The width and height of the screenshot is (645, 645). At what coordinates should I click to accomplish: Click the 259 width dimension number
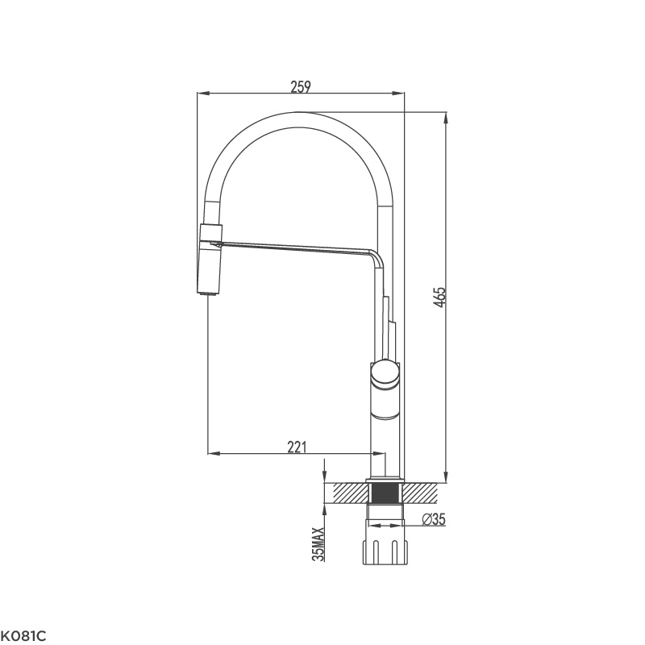(x=301, y=86)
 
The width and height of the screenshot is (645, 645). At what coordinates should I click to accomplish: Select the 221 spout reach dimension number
(x=298, y=446)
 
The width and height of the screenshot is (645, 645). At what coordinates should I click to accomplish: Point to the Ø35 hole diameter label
(x=433, y=520)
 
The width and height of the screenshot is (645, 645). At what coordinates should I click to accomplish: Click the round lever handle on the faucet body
(x=385, y=375)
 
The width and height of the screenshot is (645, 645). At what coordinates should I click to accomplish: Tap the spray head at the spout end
(x=208, y=258)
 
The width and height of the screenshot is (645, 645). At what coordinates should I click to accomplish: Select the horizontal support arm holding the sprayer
(x=290, y=245)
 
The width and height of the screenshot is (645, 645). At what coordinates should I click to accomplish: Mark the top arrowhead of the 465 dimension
(x=446, y=116)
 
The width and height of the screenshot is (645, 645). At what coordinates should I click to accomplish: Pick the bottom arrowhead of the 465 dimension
(x=446, y=477)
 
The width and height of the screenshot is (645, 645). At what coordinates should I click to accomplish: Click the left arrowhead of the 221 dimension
(x=213, y=454)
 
